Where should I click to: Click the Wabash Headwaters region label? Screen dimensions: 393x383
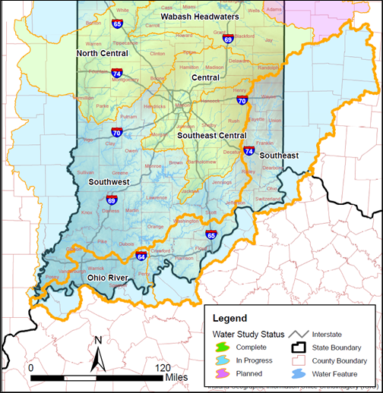tap(200, 16)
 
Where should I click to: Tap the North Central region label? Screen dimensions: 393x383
tap(103, 54)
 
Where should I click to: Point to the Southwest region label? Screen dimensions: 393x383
tap(109, 182)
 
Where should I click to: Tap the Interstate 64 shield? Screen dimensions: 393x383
tap(141, 256)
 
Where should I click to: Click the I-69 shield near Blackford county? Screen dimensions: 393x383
tap(228, 38)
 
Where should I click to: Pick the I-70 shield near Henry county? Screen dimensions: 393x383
tap(242, 99)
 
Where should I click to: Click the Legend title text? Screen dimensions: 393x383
tap(229, 319)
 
